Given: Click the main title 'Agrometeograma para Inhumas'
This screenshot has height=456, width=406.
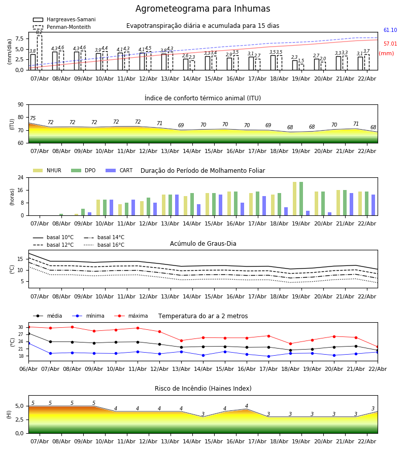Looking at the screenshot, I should tap(202, 9).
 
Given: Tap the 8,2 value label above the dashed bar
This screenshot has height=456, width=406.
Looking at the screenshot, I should tap(39, 32).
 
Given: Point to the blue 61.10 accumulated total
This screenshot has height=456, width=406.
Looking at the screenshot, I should tap(390, 30).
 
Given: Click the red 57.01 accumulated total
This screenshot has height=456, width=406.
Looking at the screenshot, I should tap(390, 44).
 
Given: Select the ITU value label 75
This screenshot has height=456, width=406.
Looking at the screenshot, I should tap(33, 119).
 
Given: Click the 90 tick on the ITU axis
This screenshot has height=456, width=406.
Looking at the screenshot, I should tap(20, 104).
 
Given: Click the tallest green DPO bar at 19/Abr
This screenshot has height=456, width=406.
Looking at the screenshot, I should tap(301, 199).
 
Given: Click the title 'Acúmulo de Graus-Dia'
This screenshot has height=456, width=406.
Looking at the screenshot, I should tap(203, 244).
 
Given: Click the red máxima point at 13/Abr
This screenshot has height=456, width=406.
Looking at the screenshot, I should tap(181, 340).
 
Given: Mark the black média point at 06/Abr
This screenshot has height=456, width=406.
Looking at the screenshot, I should tap(28, 333).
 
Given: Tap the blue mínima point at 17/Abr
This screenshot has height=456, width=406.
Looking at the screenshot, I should tap(268, 356).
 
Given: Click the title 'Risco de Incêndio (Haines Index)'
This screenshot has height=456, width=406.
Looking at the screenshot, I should tap(203, 389).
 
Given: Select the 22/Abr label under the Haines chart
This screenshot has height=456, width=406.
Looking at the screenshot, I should tap(367, 441).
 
